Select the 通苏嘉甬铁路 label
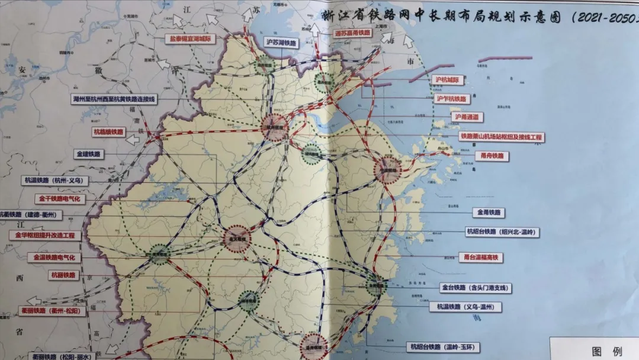click(352, 33)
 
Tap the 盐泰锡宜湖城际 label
click(191, 38)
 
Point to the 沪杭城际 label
click(448, 80)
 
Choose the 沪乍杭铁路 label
click(452, 99)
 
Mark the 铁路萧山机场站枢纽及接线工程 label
click(501, 137)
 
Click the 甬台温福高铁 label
click(480, 258)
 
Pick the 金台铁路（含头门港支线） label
click(474, 288)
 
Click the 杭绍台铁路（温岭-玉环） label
click(443, 348)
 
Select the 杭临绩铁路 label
click(108, 132)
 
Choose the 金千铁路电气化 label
click(60, 199)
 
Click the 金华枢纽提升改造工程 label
click(45, 235)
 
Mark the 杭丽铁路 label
click(63, 275)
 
